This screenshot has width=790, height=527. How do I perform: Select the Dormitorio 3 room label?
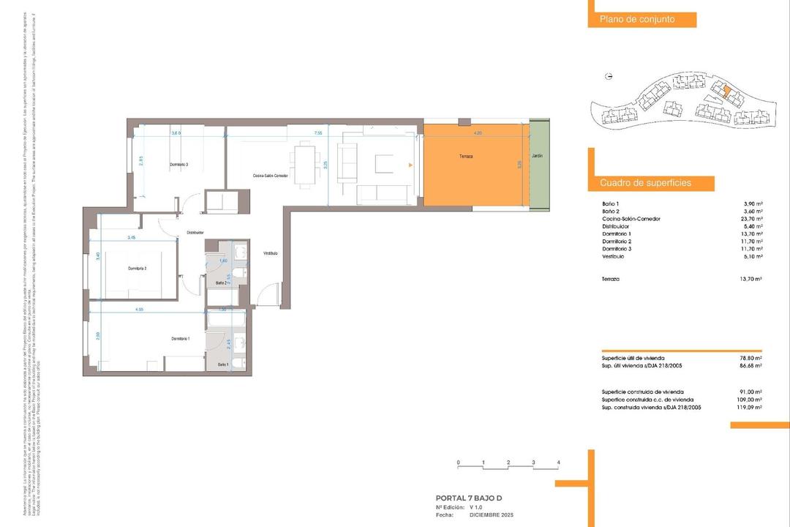coord(179,165)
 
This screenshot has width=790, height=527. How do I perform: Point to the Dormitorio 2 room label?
coord(138,269)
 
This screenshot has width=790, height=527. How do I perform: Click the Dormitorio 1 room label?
coord(181,338)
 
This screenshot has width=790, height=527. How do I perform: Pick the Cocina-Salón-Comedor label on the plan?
coord(271,176)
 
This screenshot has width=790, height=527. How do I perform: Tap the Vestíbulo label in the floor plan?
coord(271,253)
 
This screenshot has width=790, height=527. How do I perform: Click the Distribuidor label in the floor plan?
coord(195,233)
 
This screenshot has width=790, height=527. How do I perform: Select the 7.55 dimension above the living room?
coord(318,133)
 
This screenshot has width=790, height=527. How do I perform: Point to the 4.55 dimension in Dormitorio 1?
coord(139,310)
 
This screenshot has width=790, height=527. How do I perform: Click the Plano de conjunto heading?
coord(636,20)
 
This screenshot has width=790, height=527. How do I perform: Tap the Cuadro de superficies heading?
coord(645,183)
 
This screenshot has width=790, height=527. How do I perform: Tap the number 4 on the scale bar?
coord(558,463)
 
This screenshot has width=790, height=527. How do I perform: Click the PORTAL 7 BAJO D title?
coord(468,498)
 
